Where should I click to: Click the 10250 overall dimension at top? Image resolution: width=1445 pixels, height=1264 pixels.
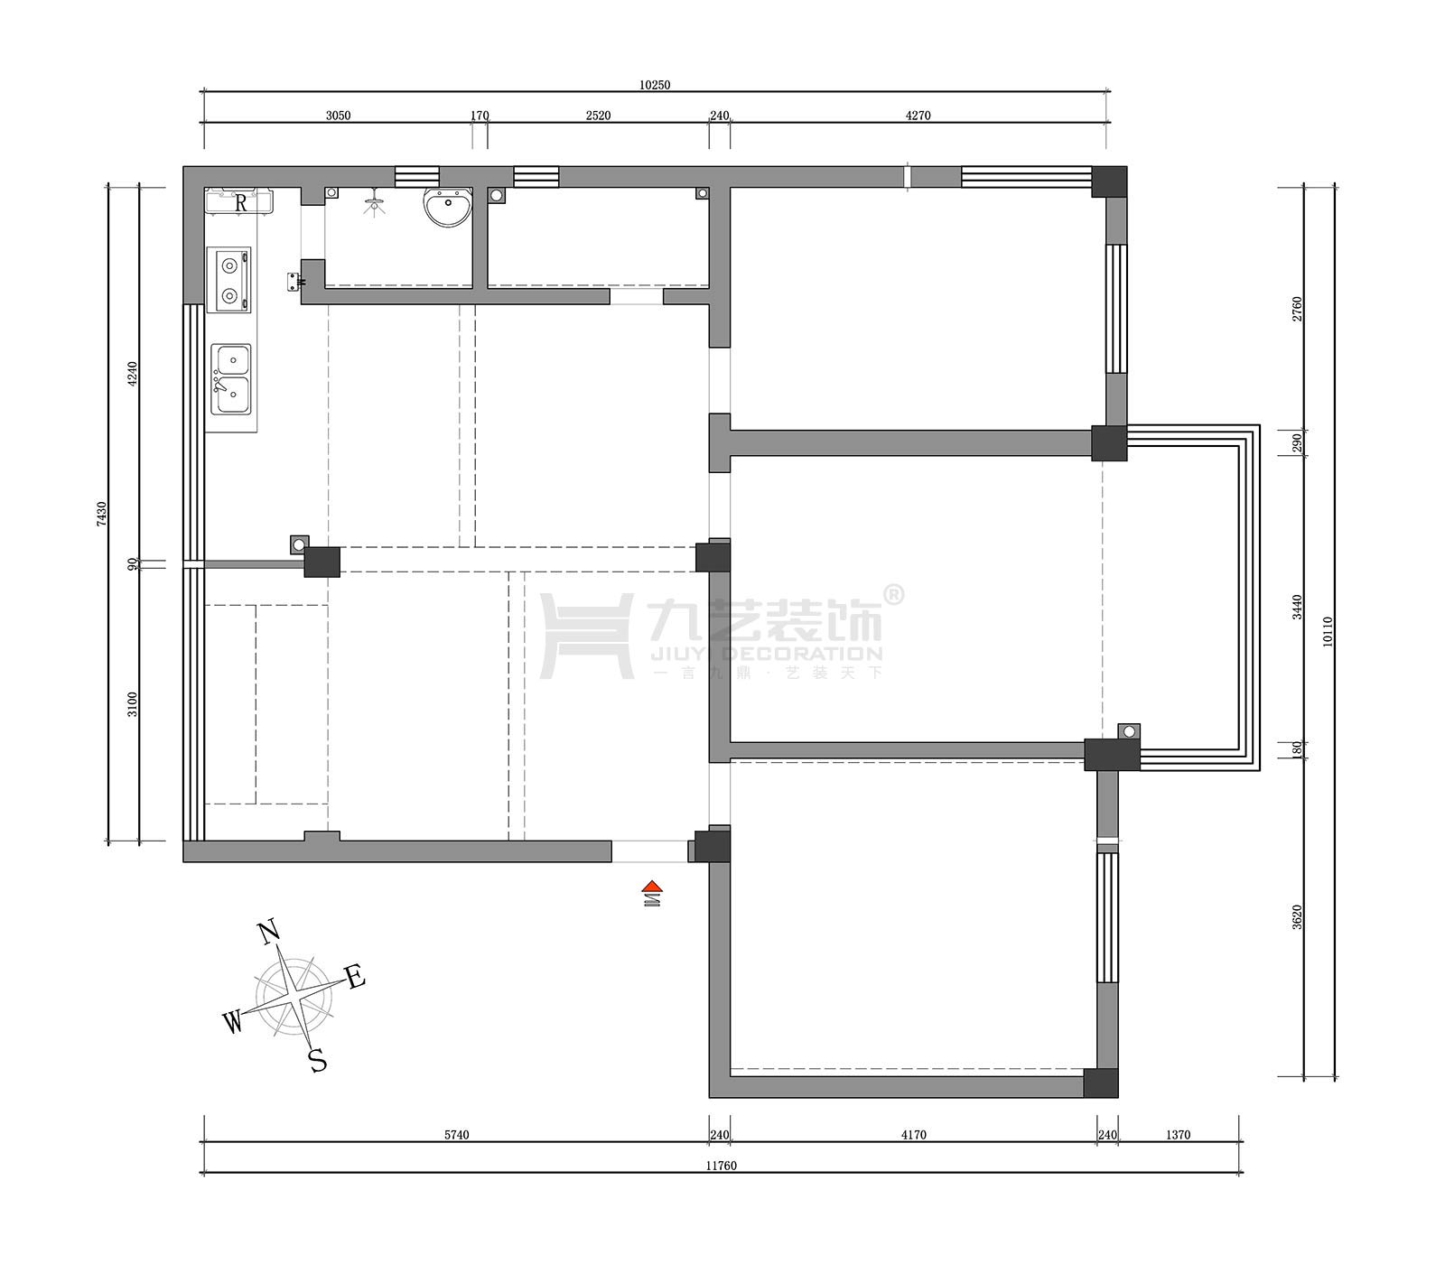tap(655, 85)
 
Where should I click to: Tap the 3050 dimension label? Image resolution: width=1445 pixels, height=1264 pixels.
tap(338, 116)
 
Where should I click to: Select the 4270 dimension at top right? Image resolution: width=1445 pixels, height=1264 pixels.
tap(918, 116)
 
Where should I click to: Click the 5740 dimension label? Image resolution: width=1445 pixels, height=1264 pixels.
tap(457, 1135)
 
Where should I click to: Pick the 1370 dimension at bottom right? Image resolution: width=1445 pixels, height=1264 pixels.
tap(1178, 1135)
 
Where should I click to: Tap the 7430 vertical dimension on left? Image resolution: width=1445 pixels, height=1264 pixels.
tap(102, 514)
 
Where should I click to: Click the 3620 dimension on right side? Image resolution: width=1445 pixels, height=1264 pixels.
tap(1298, 916)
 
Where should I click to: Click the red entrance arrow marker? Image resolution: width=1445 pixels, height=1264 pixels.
tap(652, 888)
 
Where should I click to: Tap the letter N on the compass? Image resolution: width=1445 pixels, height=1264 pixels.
tap(267, 933)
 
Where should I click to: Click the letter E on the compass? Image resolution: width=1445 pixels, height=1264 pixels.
tap(355, 977)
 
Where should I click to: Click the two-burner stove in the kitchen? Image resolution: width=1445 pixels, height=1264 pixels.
tap(228, 280)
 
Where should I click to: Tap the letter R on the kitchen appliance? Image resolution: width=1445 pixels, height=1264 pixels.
tap(240, 203)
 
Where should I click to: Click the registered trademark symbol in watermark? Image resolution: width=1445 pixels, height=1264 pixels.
tap(892, 594)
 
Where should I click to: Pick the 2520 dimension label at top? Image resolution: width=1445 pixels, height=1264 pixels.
tap(598, 116)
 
